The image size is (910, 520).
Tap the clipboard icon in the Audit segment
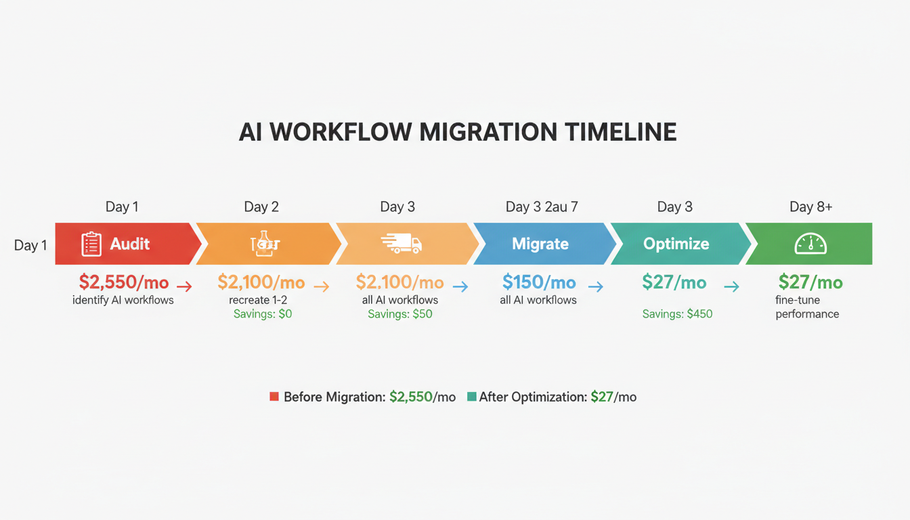click(x=91, y=244)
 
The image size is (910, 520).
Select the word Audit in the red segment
click(x=130, y=244)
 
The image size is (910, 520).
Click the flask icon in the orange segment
click(x=265, y=244)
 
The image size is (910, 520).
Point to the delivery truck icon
click(x=402, y=244)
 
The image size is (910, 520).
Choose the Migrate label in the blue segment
click(x=540, y=244)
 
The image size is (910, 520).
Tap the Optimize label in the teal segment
click(x=676, y=244)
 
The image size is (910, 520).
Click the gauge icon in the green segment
click(x=810, y=244)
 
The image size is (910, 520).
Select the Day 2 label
click(x=261, y=207)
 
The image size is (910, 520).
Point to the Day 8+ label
click(x=810, y=207)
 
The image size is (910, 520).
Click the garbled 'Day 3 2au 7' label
click(x=542, y=207)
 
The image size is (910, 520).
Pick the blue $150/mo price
click(x=539, y=282)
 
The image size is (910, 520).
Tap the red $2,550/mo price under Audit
click(x=123, y=282)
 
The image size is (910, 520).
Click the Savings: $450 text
click(x=677, y=314)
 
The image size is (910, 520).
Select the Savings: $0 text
click(x=262, y=314)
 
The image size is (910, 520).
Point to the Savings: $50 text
click(x=399, y=314)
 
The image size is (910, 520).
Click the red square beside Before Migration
click(x=274, y=397)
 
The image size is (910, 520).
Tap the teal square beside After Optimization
click(x=471, y=397)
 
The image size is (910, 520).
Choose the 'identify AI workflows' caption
click(x=123, y=300)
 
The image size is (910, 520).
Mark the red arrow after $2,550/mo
click(x=184, y=286)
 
